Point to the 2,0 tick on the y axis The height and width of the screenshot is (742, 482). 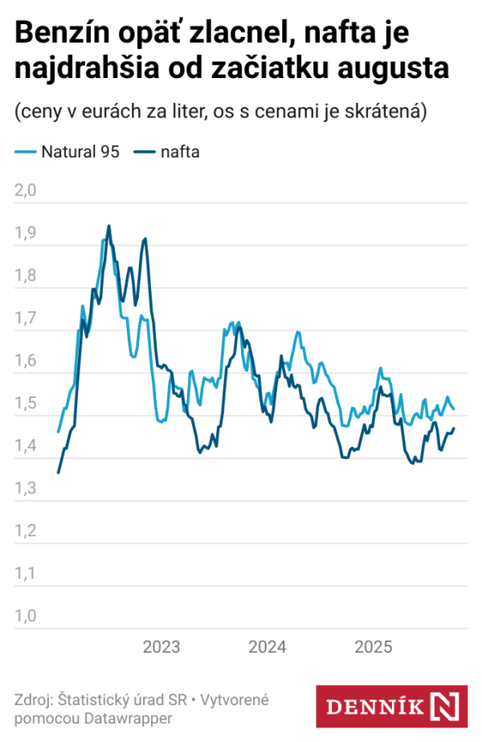coord(27,191)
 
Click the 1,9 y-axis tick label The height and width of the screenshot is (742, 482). coord(27,233)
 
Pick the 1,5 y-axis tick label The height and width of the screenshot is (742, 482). coord(27,404)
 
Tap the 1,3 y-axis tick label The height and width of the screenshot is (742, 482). coord(27,489)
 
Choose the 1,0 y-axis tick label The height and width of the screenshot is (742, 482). coord(27,617)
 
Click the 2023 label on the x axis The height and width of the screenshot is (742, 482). coord(161,647)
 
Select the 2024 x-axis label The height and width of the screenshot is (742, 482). coord(268,647)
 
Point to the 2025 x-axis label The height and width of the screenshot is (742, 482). coord(373,647)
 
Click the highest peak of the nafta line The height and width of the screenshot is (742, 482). coord(109,226)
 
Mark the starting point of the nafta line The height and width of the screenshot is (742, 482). coord(58,473)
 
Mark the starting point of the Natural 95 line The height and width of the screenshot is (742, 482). coord(58,432)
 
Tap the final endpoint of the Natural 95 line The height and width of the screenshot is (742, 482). coord(454,410)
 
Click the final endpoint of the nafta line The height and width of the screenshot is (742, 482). coord(454,428)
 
